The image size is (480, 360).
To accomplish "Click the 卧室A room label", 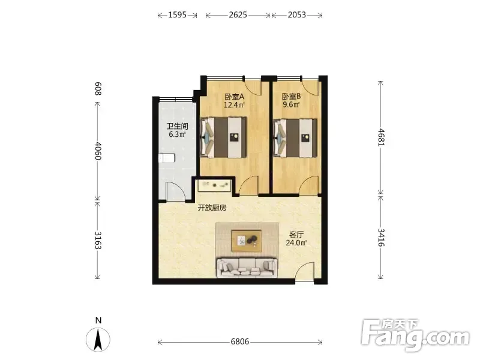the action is [x=235, y=97].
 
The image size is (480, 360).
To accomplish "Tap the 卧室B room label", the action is [x=291, y=97].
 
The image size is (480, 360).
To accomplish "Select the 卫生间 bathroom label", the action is [x=177, y=126].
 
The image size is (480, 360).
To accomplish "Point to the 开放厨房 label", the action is [x=212, y=208].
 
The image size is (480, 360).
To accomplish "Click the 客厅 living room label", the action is [x=296, y=235].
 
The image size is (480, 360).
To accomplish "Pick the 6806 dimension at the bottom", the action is [x=240, y=341].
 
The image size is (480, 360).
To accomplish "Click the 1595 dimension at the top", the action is [x=177, y=14].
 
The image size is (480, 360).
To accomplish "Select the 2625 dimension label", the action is [x=238, y=14].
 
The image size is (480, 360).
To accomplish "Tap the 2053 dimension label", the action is [x=296, y=14].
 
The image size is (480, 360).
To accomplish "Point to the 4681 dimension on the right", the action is [x=381, y=137].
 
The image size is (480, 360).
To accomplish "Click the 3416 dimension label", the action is [x=381, y=238].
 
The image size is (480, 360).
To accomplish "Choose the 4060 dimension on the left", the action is [x=98, y=151].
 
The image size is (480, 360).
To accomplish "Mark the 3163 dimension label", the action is [x=98, y=241].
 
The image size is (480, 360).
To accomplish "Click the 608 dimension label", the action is [x=98, y=89].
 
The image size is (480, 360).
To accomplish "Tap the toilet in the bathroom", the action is [x=167, y=158].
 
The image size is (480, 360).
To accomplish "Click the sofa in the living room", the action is [x=247, y=268].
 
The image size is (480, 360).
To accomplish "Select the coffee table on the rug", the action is [x=247, y=241].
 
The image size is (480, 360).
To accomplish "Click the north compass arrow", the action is [x=98, y=339].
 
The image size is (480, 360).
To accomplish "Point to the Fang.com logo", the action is [x=415, y=335].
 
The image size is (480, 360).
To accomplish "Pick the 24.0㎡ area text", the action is [x=296, y=243].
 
